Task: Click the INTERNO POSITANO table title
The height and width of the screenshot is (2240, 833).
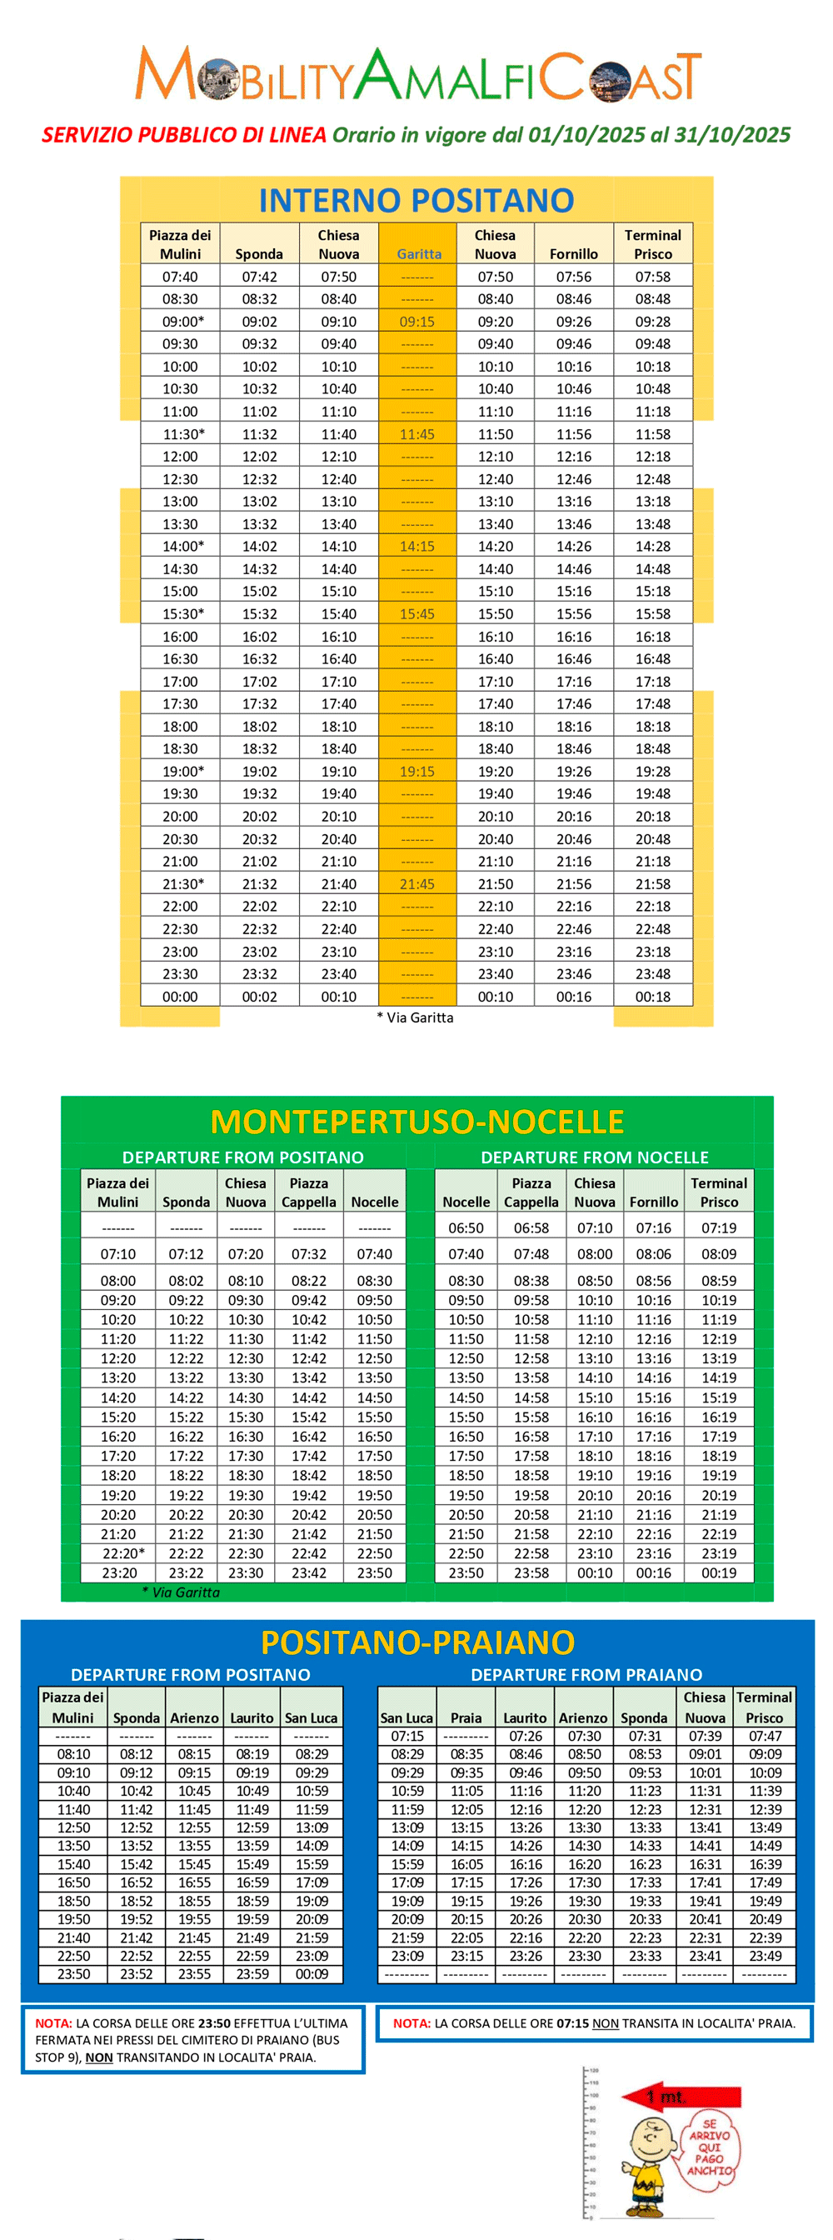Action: (416, 201)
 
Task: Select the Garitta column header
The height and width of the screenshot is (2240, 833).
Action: (419, 254)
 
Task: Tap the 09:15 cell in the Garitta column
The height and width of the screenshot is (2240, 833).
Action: (416, 322)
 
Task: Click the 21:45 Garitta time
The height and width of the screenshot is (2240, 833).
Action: (416, 884)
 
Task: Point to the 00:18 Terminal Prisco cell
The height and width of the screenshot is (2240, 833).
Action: (652, 997)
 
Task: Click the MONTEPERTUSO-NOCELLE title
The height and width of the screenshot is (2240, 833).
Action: (416, 1122)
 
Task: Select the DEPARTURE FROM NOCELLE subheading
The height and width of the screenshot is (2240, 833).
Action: (594, 1157)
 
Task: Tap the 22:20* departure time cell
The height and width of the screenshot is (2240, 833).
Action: (122, 1553)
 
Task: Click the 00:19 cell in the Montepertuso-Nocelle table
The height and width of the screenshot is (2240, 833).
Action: (718, 1573)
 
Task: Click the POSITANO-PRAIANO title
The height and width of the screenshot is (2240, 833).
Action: (417, 1642)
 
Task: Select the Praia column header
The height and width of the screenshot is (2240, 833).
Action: (465, 1717)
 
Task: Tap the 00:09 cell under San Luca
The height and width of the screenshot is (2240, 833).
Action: (312, 1974)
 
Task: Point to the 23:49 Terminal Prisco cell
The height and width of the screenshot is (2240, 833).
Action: (765, 1956)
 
